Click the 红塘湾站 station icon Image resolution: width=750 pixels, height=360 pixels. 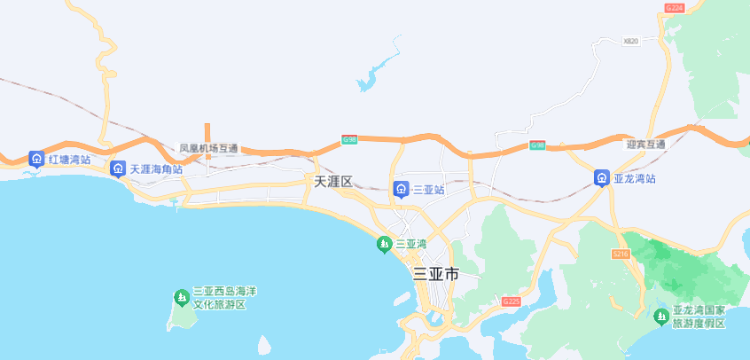tap(36, 160)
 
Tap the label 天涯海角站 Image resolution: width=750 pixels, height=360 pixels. tap(156, 168)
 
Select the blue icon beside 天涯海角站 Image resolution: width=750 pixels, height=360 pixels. tap(118, 168)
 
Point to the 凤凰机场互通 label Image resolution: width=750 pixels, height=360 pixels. tap(208, 148)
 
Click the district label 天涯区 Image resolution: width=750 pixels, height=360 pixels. tap(333, 182)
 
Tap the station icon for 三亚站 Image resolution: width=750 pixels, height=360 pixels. tap(401, 189)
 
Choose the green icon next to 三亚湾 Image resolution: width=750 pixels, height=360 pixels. tap(384, 244)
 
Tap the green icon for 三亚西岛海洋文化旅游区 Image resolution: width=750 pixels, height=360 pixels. tap(181, 296)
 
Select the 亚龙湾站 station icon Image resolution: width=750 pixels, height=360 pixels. tap(601, 178)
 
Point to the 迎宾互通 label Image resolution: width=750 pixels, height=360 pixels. tap(645, 144)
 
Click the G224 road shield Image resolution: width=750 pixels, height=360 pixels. tap(674, 8)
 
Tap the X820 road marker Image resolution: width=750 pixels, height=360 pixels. tap(630, 41)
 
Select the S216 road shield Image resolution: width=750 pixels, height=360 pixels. tap(621, 254)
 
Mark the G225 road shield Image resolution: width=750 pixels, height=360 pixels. tap(511, 301)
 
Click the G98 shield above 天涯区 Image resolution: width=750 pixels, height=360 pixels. tap(349, 139)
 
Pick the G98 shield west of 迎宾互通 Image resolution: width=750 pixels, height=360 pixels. tap(537, 145)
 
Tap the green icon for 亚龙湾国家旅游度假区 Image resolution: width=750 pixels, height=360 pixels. tap(660, 317)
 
